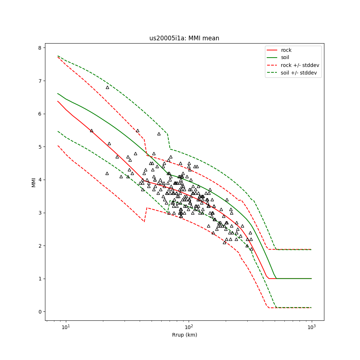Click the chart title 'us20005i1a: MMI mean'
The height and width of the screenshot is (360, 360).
pyautogui.click(x=184, y=38)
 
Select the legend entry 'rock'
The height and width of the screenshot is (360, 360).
pyautogui.click(x=286, y=50)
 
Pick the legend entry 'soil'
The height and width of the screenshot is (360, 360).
pyautogui.click(x=285, y=57)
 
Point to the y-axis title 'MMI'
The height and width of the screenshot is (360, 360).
pyautogui.click(x=34, y=182)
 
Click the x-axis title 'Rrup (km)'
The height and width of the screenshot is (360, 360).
pyautogui.click(x=184, y=335)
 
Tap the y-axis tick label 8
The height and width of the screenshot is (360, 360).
pyautogui.click(x=40, y=48)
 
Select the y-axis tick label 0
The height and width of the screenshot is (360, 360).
pyautogui.click(x=40, y=312)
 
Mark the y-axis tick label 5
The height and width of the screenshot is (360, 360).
pyautogui.click(x=40, y=147)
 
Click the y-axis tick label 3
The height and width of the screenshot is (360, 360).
pyautogui.click(x=40, y=213)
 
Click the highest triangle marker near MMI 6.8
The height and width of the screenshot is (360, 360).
pyautogui.click(x=107, y=87)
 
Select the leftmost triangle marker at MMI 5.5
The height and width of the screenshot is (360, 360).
pyautogui.click(x=91, y=130)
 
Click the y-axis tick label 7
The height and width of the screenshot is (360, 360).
pyautogui.click(x=40, y=81)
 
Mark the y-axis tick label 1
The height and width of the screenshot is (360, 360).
pyautogui.click(x=40, y=279)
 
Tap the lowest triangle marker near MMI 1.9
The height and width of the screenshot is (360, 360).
pyautogui.click(x=251, y=249)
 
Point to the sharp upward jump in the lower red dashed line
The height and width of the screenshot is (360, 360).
pyautogui.click(x=145, y=215)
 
